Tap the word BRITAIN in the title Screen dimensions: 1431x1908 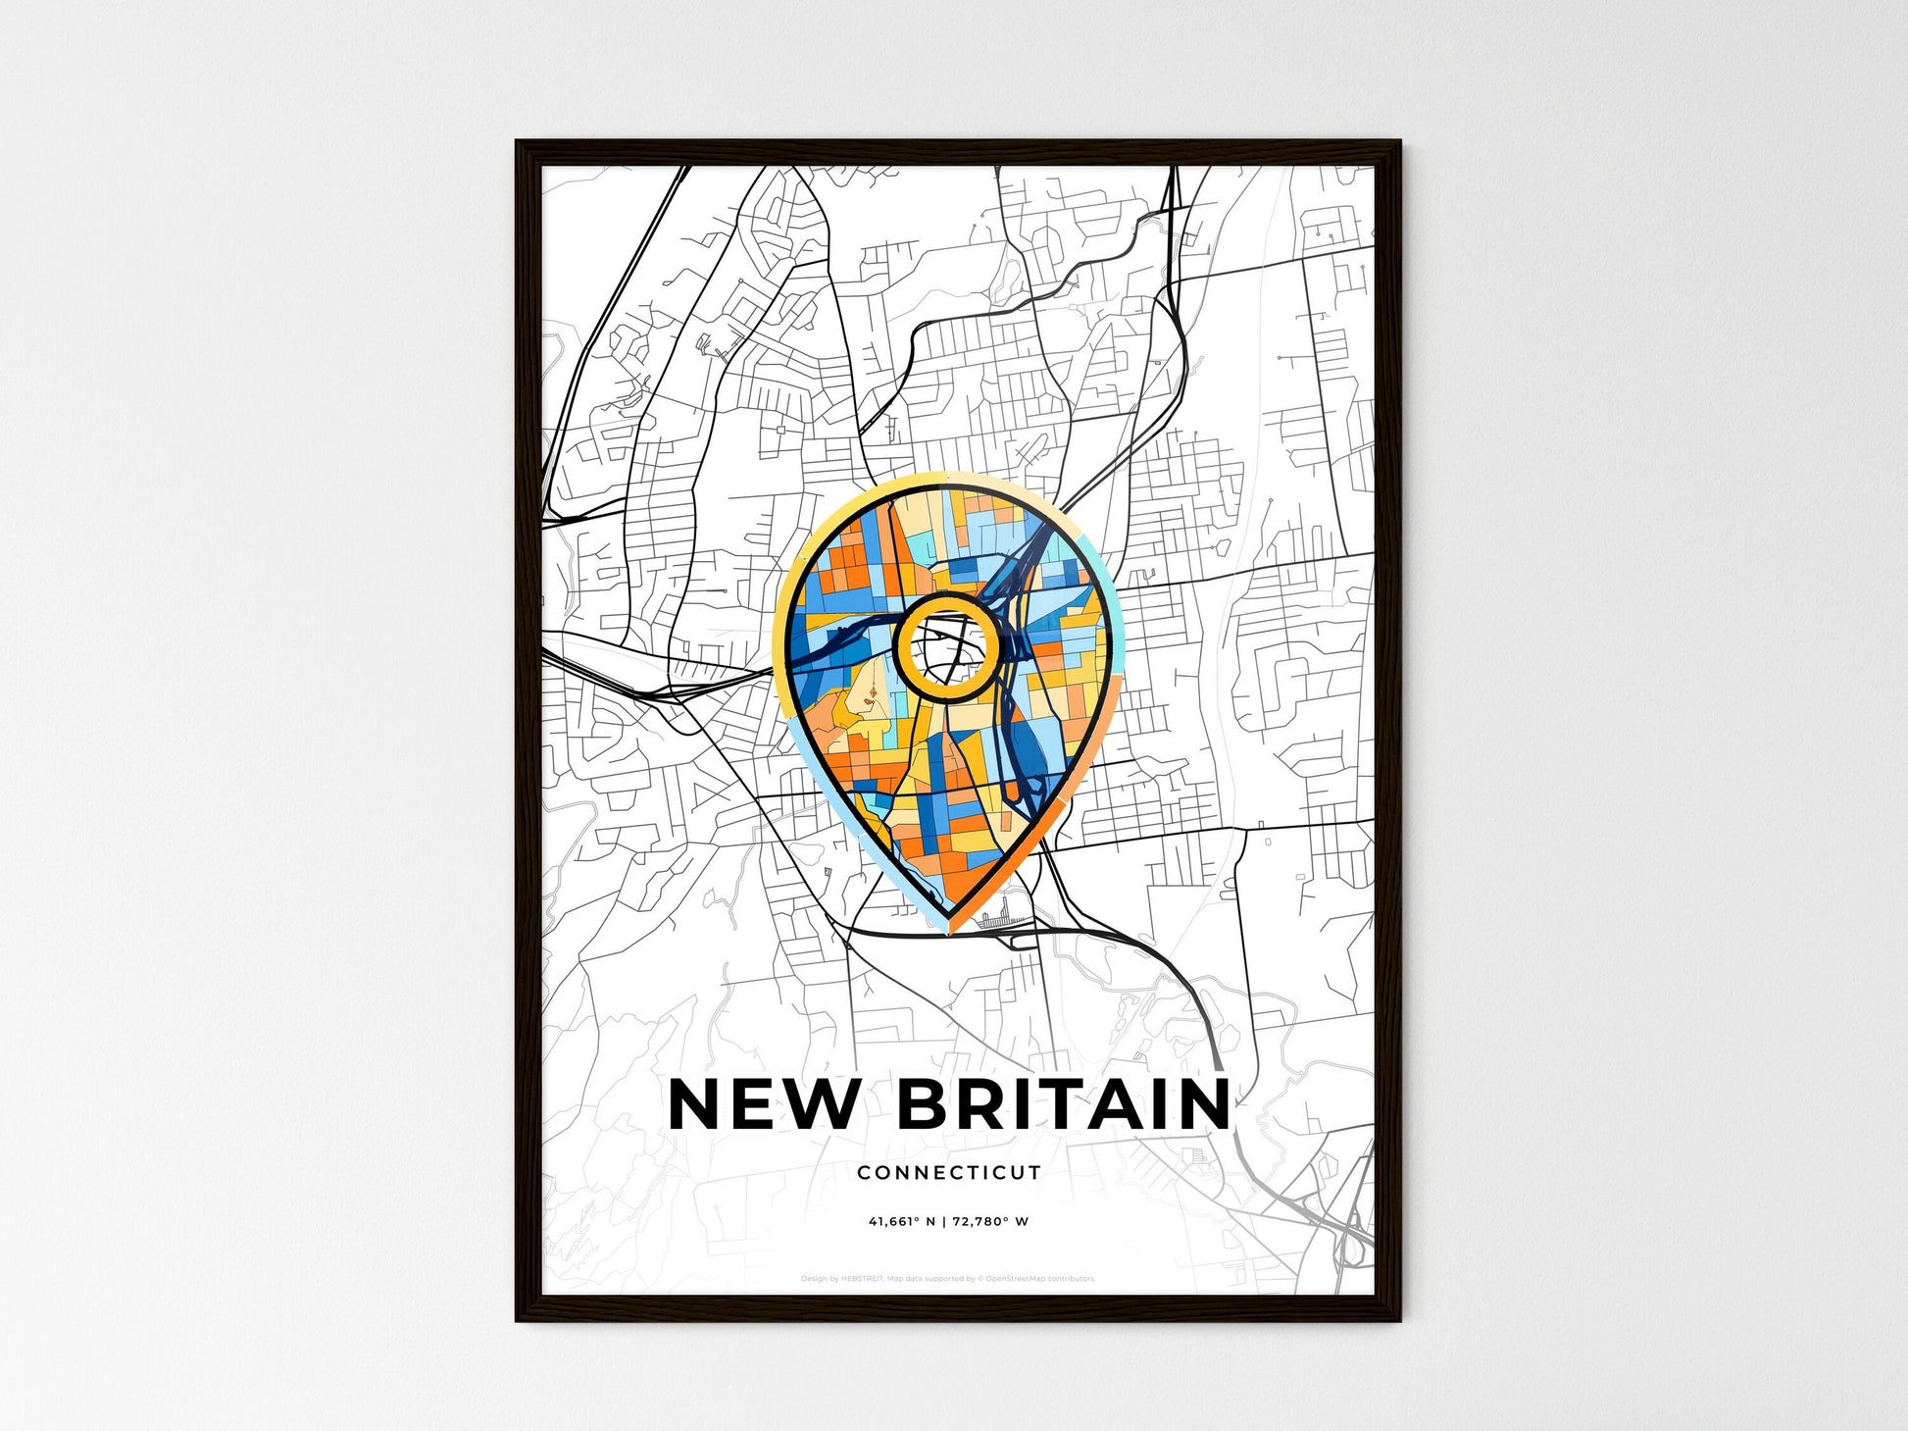(1064, 1104)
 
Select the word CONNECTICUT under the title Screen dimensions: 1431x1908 (949, 1172)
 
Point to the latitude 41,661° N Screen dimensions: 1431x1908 (901, 1222)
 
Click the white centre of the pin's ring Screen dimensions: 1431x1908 (947, 644)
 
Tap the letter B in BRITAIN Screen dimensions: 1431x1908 (924, 1104)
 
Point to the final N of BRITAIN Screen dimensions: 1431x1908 (1202, 1104)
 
